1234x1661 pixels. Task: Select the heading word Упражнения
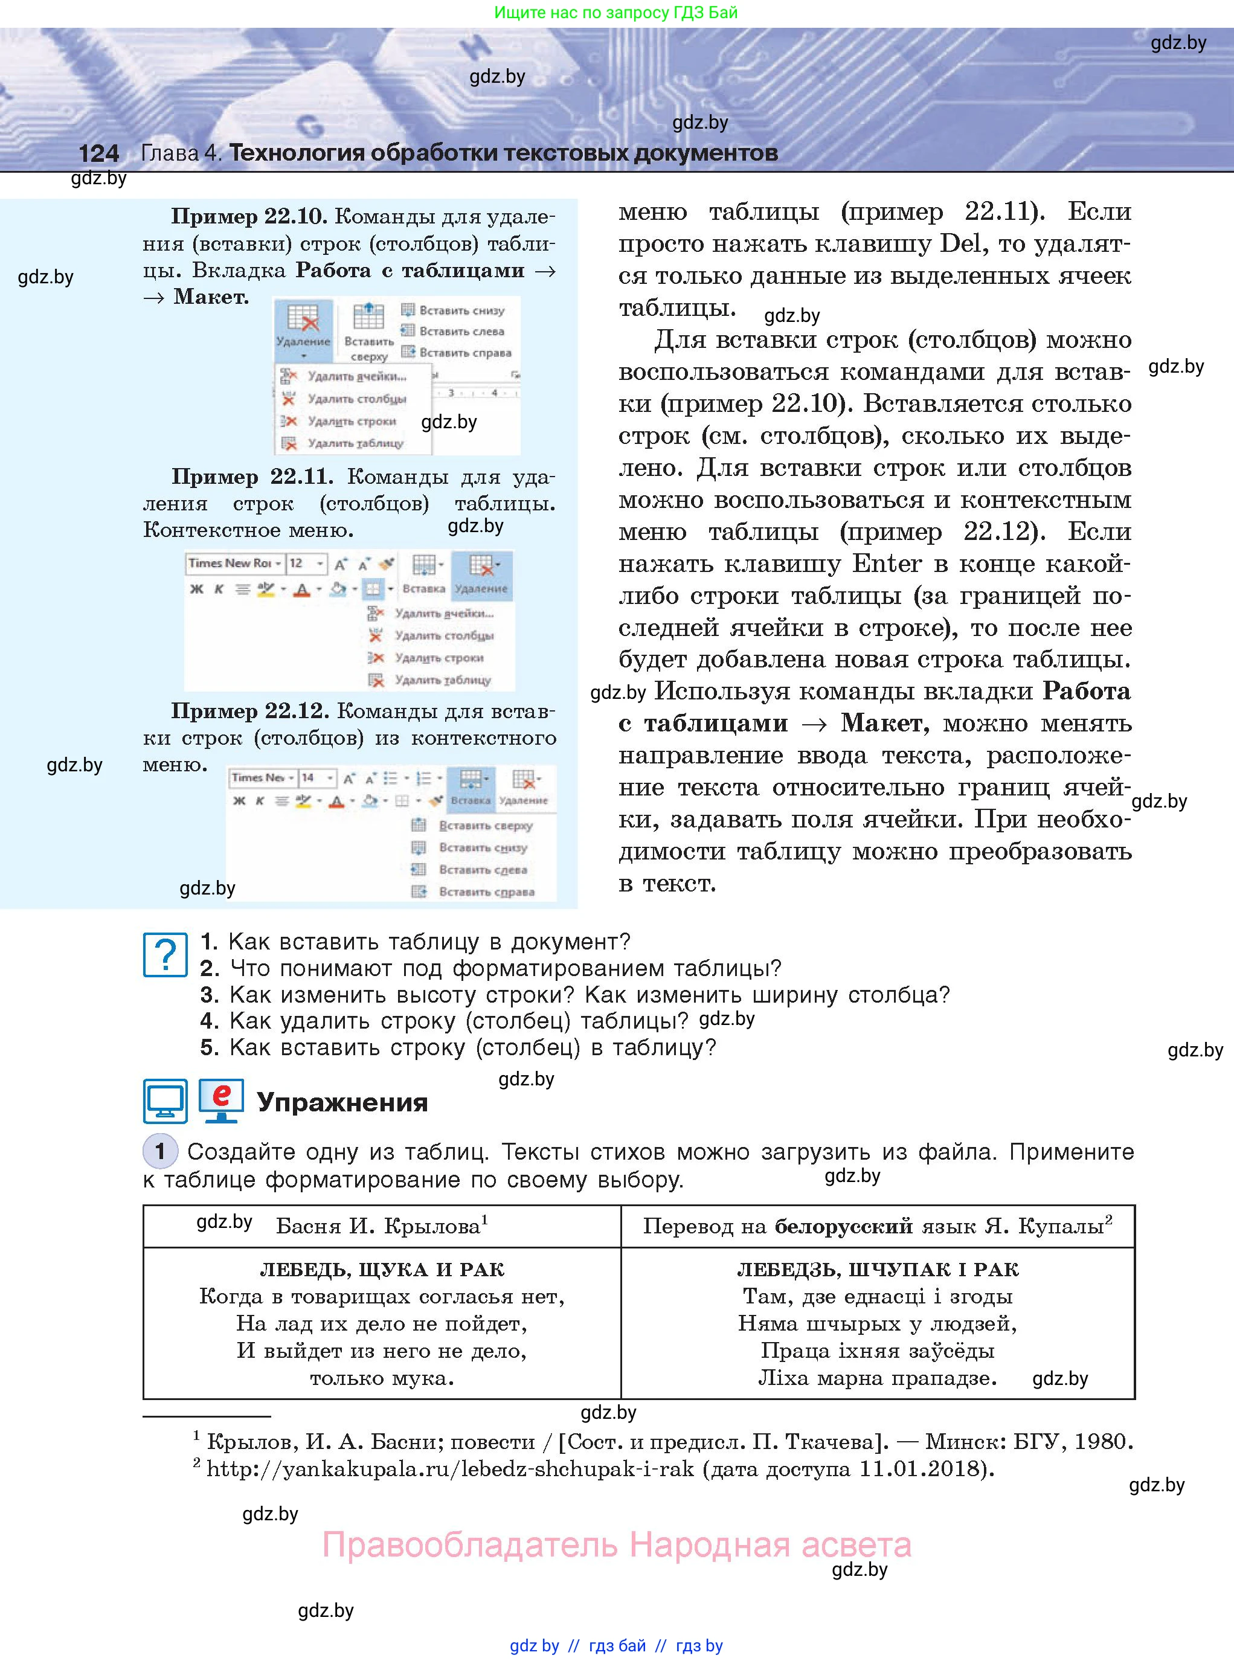tap(342, 1102)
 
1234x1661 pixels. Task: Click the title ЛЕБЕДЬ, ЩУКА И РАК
tap(382, 1269)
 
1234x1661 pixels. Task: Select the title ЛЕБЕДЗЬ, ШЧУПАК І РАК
tap(878, 1269)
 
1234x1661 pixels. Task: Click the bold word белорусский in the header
tap(843, 1226)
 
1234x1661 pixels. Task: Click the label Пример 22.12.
tap(250, 710)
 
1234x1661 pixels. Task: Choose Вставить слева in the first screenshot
tap(461, 331)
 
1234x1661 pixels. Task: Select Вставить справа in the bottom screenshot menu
tap(486, 892)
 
